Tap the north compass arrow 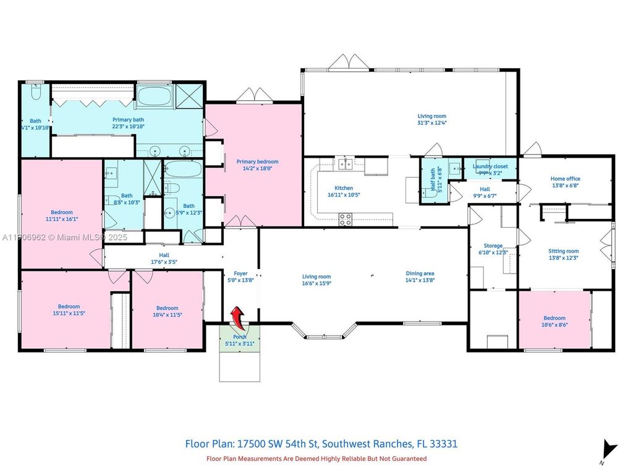tap(610, 450)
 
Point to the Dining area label tap(420, 276)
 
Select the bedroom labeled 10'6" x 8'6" tap(554, 321)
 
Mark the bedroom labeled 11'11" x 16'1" tap(62, 215)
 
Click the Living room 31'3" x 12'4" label tap(431, 119)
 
